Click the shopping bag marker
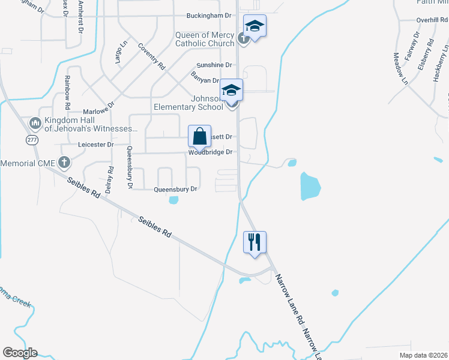coord(200,136)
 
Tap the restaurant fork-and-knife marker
coord(255,242)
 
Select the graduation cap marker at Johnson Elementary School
coord(231,91)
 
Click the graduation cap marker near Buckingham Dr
coord(255,26)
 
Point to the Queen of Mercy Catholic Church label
coord(204,39)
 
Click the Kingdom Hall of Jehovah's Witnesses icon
coord(35,124)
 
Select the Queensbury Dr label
coord(175,189)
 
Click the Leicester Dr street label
coord(95,145)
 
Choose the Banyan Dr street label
coord(205,77)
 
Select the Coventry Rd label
coord(151,56)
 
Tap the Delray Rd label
coord(109,178)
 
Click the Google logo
coord(20,353)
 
